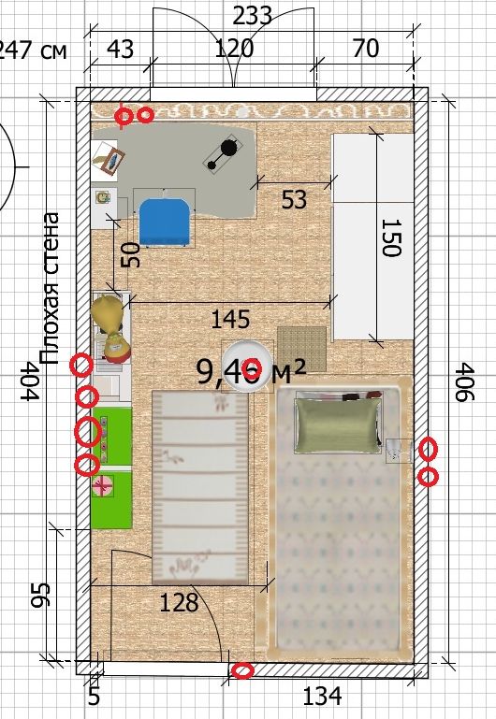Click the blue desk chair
(165, 221)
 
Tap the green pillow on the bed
(339, 424)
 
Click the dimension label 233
(253, 17)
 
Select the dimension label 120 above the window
(234, 48)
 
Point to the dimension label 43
(121, 49)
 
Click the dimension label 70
(366, 48)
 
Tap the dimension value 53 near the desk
(294, 200)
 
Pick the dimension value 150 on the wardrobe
(391, 237)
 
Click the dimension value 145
(230, 320)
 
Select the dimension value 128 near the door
(179, 603)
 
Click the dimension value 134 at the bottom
(322, 697)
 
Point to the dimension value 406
(465, 382)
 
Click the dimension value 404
(30, 381)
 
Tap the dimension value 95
(40, 596)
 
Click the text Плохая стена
(50, 288)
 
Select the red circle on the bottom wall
(242, 671)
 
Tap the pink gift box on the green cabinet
(103, 486)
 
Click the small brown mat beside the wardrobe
(301, 349)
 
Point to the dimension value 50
(132, 255)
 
